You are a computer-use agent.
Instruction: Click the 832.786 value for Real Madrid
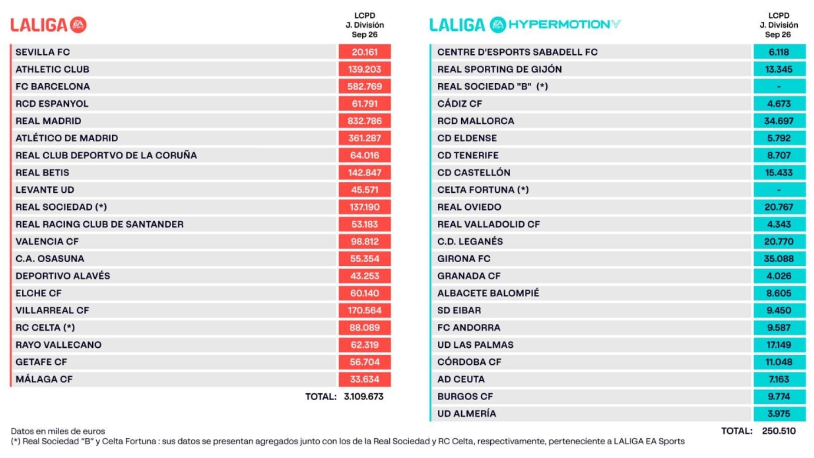[x=364, y=121]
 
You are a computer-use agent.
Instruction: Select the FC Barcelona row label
[x=53, y=86]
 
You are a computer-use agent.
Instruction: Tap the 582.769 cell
[x=364, y=86]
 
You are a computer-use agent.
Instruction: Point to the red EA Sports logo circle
[x=79, y=25]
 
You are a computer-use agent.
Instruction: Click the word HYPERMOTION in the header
[x=559, y=24]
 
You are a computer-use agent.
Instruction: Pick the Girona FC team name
[x=464, y=259]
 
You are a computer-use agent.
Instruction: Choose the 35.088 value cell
[x=779, y=259]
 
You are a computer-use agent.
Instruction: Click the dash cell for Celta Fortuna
[x=779, y=190]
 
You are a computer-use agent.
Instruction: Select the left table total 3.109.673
[x=364, y=397]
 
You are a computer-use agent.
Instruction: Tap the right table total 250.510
[x=779, y=431]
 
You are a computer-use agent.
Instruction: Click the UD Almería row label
[x=467, y=414]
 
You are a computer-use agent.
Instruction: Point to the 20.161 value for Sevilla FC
[x=364, y=52]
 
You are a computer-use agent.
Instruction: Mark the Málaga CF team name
[x=44, y=379]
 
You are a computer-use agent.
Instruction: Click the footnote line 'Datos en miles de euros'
[x=58, y=431]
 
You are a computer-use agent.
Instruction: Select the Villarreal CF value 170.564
[x=364, y=310]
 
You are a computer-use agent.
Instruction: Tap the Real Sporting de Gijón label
[x=500, y=69]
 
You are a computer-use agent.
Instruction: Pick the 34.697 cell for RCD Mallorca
[x=779, y=121]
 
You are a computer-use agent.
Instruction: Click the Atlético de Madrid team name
[x=67, y=138]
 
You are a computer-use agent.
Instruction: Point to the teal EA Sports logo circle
[x=498, y=24]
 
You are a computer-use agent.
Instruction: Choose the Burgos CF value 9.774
[x=779, y=397]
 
